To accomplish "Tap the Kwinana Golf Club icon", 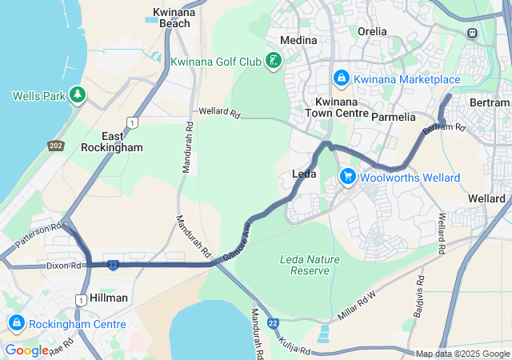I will (274, 61).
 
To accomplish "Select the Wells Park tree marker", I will (78, 95).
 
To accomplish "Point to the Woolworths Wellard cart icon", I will (348, 177).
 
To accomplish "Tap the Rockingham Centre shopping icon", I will (15, 324).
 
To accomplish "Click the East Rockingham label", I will (112, 142).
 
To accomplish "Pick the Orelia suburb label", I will (372, 32).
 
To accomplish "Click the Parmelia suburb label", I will (394, 117).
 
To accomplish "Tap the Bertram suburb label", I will (490, 102).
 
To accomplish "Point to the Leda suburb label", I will (304, 174).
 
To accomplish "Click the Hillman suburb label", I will (109, 298).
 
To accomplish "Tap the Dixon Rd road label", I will (64, 265).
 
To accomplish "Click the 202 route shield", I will (56, 146).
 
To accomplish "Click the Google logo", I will (26, 350).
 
